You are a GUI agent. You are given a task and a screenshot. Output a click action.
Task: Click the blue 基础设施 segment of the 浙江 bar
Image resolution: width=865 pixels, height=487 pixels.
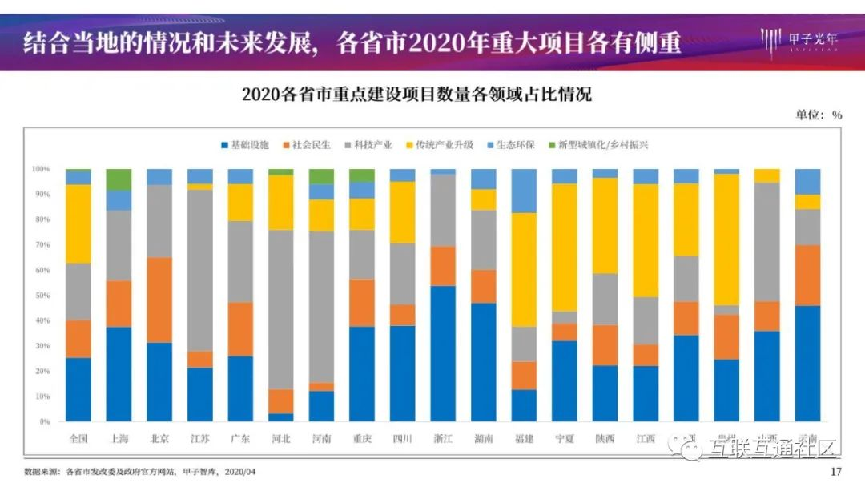(443, 353)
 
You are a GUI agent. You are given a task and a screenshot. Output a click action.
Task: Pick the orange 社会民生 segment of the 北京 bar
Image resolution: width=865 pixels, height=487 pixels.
(159, 300)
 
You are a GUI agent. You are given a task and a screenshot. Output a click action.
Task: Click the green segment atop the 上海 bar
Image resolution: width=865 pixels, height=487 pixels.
(119, 179)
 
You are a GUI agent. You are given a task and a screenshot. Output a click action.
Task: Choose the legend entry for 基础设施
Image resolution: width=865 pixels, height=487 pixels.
(244, 145)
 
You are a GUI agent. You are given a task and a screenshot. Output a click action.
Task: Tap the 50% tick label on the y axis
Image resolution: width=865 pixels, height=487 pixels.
(41, 296)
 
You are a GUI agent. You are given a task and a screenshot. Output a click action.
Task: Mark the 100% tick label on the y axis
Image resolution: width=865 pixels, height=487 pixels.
(40, 169)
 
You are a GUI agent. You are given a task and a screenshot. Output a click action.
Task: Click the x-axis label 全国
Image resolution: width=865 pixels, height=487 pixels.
(78, 439)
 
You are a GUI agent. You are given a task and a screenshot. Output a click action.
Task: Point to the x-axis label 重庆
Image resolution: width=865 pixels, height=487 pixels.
(362, 439)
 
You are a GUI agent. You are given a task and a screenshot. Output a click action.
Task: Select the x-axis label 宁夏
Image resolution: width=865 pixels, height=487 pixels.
(564, 439)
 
